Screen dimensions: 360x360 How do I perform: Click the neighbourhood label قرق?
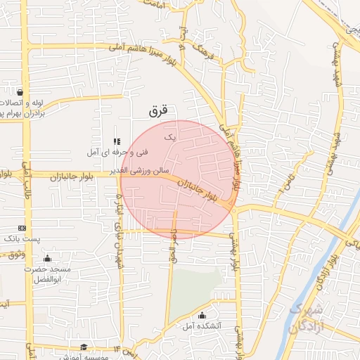tap(160, 110)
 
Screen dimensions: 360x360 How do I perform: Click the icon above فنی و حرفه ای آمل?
tap(117, 141)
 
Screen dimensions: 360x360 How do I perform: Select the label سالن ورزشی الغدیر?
tap(129, 169)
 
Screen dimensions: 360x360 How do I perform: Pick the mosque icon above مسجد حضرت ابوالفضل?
tap(47, 258)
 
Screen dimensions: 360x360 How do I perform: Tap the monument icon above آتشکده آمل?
tap(202, 314)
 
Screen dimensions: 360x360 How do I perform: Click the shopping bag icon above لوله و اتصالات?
tap(20, 92)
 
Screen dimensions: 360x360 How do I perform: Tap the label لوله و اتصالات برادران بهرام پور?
tap(21, 108)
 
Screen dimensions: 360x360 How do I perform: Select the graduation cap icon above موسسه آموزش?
tap(84, 347)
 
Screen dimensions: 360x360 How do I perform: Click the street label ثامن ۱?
tap(282, 186)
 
